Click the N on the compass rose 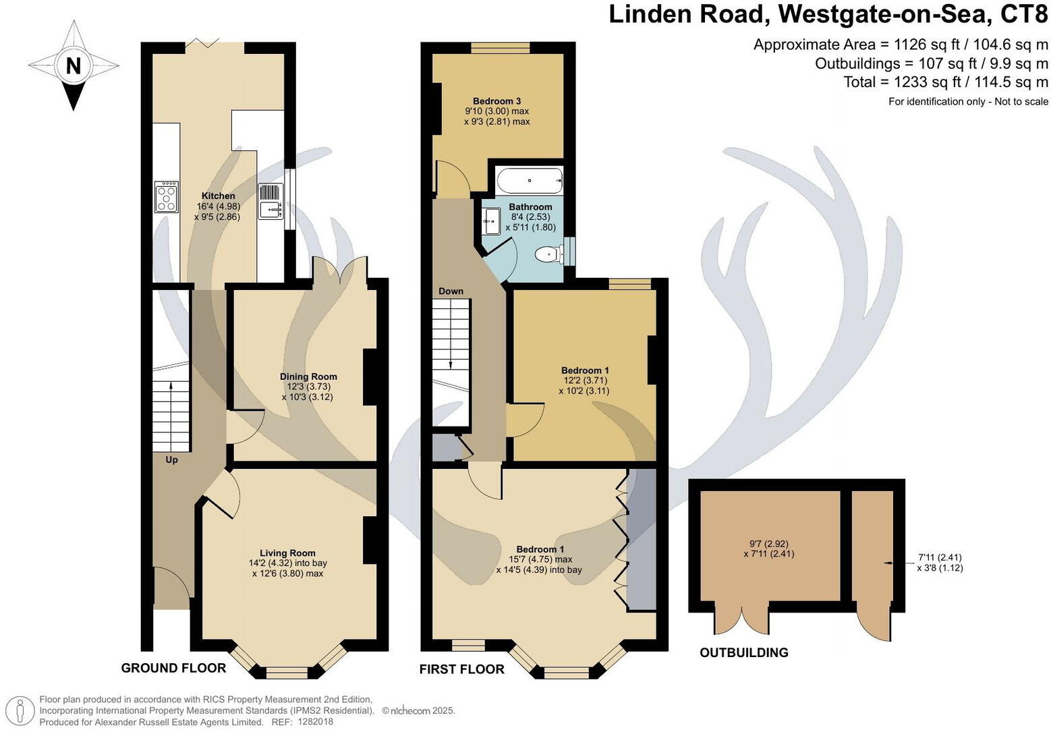point(74,66)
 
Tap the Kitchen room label point(218,196)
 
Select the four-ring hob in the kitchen point(167,196)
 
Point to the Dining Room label point(308,376)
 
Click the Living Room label point(287,553)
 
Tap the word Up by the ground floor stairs point(172,459)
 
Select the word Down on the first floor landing point(451,291)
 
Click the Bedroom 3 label point(496,101)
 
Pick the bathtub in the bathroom point(530,181)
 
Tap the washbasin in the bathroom point(491,221)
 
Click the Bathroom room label point(530,206)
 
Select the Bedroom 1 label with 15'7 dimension point(540,549)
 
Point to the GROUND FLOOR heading point(173,668)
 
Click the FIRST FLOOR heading point(461,669)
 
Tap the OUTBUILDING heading point(743,652)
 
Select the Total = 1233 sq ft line point(946,82)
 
